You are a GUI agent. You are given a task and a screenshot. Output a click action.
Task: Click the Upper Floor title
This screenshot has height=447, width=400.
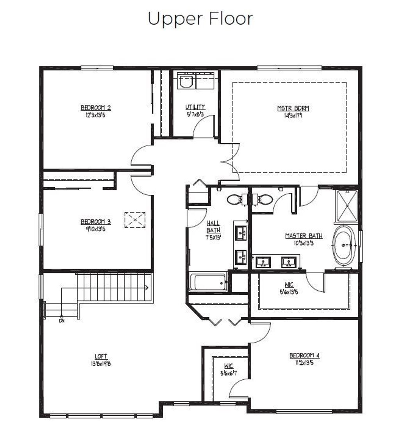click(200, 19)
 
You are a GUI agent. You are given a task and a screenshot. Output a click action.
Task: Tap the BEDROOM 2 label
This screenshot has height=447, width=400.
click(96, 108)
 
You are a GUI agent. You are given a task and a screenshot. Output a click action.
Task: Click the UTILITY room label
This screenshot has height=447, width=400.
click(195, 107)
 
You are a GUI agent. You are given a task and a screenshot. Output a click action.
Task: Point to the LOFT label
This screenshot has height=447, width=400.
click(101, 356)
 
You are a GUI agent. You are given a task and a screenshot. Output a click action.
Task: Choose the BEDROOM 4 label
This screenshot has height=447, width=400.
click(304, 355)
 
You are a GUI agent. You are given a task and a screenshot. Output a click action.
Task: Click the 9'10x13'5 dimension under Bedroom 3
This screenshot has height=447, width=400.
click(93, 229)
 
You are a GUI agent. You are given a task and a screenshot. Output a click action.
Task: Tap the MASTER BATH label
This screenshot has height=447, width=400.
click(304, 236)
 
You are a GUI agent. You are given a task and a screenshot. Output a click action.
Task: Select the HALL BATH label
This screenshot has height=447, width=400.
click(213, 227)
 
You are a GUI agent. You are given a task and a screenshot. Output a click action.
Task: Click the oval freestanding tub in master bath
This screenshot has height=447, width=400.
click(344, 246)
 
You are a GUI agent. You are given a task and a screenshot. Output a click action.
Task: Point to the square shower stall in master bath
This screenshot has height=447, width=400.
click(347, 206)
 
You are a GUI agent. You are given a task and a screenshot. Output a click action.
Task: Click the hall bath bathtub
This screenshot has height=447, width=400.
click(208, 282)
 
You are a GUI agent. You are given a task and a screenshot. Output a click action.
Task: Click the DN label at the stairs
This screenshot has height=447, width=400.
click(62, 321)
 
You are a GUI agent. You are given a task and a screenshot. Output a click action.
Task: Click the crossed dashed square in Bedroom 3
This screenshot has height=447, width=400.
click(135, 220)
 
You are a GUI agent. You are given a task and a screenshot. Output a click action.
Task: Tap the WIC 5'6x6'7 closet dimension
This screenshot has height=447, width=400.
click(229, 373)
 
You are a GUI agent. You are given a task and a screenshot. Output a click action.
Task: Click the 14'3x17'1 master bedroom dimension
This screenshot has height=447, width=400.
click(293, 116)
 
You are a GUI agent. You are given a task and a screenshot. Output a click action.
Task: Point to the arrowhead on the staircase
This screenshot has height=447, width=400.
click(147, 288)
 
